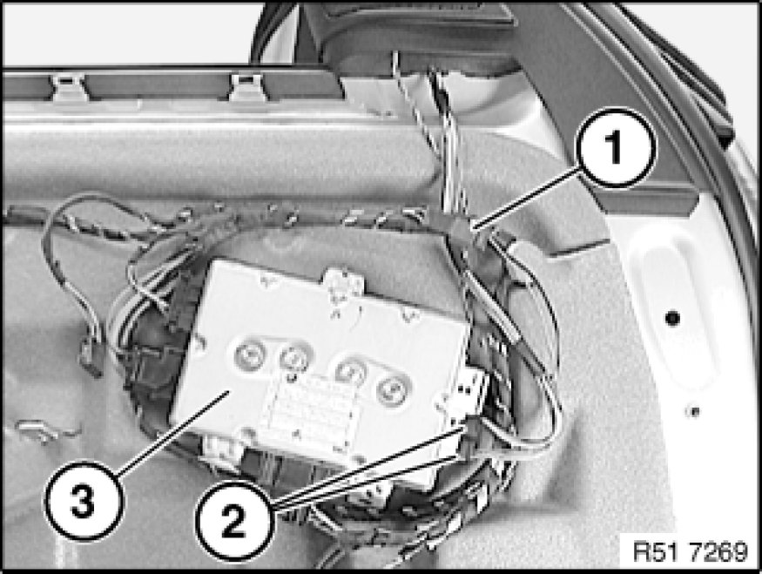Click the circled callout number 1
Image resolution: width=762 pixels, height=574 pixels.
pos(616,147)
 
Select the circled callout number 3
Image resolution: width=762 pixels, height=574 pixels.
pos(83,501)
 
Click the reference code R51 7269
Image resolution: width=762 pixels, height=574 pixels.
pos(690,552)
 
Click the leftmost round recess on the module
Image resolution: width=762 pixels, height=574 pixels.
pos(250,355)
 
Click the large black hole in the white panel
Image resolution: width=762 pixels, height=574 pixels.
pos(672,318)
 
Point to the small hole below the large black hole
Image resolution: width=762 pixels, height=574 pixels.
pos(693,412)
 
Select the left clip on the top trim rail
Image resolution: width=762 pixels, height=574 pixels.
pos(70,87)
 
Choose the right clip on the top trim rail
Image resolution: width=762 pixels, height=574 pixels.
pos(247,87)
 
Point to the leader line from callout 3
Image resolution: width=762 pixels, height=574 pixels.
pos(172,434)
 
